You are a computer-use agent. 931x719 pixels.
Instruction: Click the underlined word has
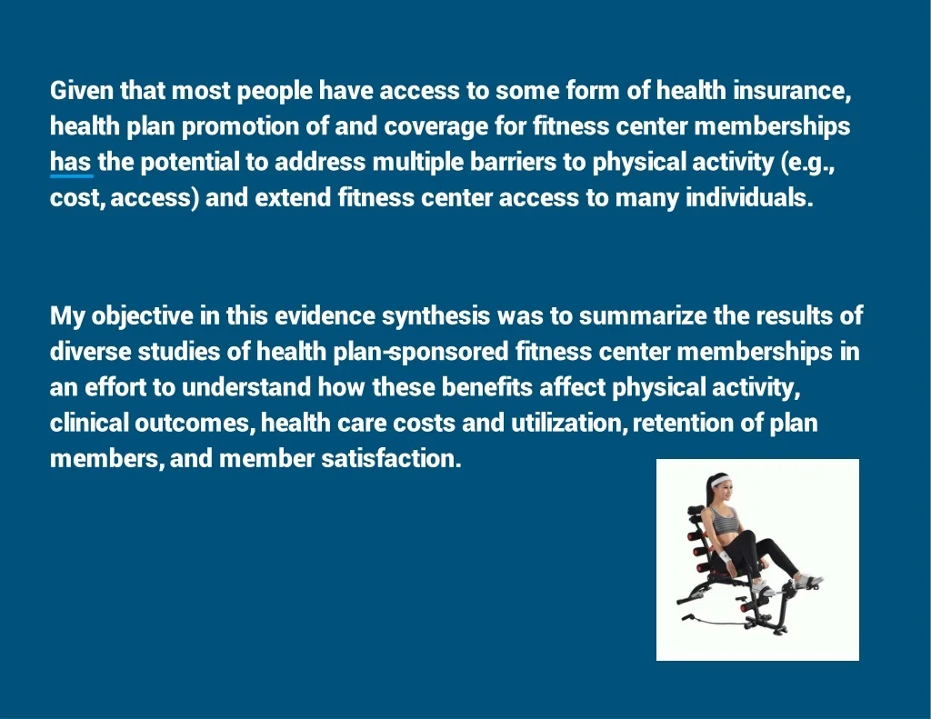pos(71,162)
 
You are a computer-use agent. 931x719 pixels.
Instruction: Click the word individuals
pos(749,198)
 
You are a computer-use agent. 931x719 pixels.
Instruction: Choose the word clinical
pos(89,424)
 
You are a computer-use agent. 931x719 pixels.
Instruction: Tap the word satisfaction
pos(391,459)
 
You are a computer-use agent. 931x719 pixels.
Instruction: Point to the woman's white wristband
pos(726,557)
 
